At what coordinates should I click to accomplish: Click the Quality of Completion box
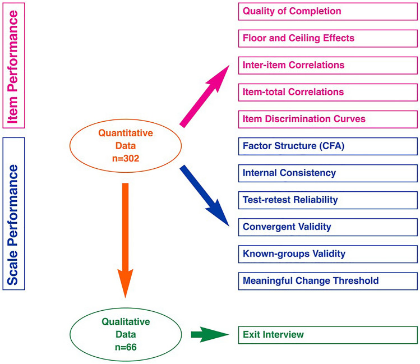coord(327,11)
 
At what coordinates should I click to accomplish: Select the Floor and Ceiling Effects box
coord(327,38)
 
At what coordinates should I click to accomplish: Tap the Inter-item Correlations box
coord(327,65)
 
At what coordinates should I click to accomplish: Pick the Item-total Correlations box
coord(327,91)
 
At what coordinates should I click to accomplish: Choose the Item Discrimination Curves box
coord(327,118)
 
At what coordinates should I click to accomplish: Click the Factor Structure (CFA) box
coord(327,146)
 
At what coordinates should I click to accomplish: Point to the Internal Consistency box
coord(327,173)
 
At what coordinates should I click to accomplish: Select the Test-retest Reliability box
coord(327,200)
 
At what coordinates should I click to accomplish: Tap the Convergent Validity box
coord(327,227)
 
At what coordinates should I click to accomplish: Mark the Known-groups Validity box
coord(327,254)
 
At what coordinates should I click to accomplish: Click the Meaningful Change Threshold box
coord(327,280)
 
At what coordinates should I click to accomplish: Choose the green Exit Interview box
coord(327,335)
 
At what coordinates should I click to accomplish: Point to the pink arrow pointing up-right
coord(205,96)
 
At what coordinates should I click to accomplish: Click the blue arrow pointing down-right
coord(205,196)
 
